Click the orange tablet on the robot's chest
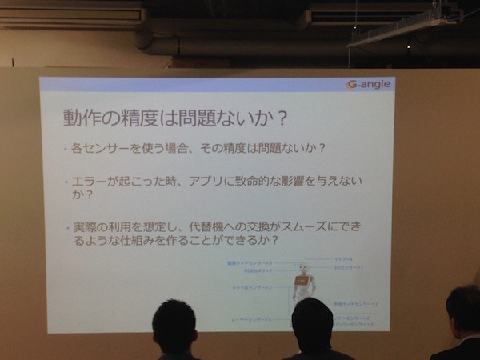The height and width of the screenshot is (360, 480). pyautogui.click(x=301, y=283)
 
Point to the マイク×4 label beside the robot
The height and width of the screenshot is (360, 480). pyautogui.click(x=342, y=260)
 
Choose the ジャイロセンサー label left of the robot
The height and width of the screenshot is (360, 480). pyautogui.click(x=255, y=286)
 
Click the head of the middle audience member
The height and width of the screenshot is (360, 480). pyautogui.click(x=312, y=322)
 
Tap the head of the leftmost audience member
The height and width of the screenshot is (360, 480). pyautogui.click(x=174, y=324)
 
